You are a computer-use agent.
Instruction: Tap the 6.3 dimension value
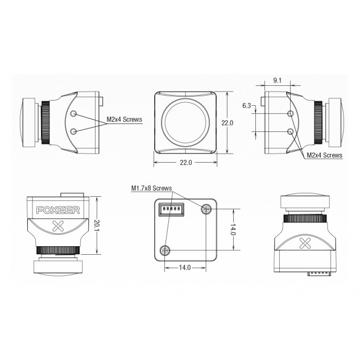point(246,106)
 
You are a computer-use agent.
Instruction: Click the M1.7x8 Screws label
point(151,187)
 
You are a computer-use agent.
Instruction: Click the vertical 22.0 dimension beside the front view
point(233,123)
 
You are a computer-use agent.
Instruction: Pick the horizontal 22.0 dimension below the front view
point(186,163)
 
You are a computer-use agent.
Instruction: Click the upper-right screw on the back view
point(205,210)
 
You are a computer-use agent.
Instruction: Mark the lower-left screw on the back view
point(165,249)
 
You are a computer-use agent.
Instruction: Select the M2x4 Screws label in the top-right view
point(324,155)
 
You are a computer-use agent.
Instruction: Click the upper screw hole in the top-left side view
point(73,113)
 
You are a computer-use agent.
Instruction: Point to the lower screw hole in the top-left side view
point(73,131)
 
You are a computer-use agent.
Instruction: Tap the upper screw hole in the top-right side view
point(291,114)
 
